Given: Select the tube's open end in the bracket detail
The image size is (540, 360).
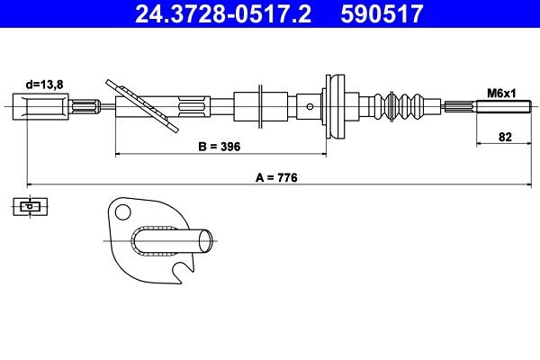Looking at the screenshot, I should tap(207, 241).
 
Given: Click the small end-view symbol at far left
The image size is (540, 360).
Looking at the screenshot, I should tap(30, 207).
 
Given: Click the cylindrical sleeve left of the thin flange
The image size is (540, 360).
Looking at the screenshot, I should tap(245, 105).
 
